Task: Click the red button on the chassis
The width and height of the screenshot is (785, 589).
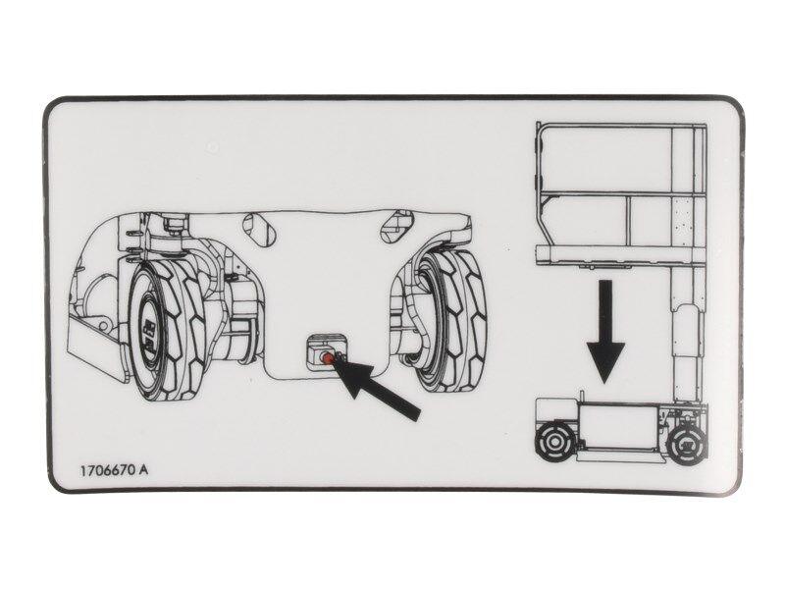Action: coord(324,358)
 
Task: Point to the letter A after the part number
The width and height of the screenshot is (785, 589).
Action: coord(144,469)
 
